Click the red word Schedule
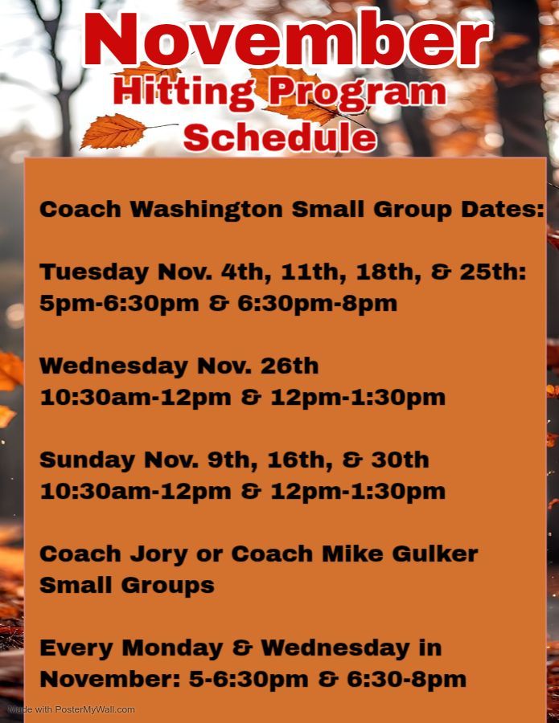pyautogui.click(x=280, y=137)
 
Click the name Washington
pyautogui.click(x=207, y=210)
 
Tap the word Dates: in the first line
pyautogui.click(x=503, y=210)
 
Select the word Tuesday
pyautogui.click(x=94, y=272)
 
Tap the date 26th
pyautogui.click(x=290, y=366)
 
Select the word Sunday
pyautogui.click(x=87, y=460)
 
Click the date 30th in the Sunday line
pyautogui.click(x=401, y=460)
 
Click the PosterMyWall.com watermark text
pyautogui.click(x=95, y=709)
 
